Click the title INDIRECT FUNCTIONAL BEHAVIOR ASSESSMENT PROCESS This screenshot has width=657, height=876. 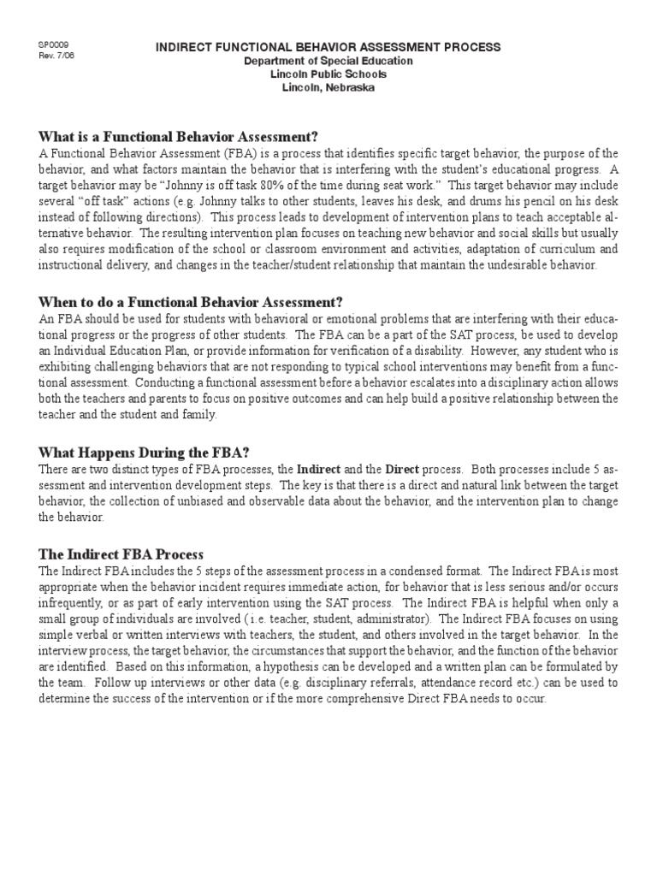pyautogui.click(x=328, y=47)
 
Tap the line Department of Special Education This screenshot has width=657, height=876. pyautogui.click(x=328, y=61)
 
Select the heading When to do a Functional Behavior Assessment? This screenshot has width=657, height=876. pyautogui.click(x=191, y=301)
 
